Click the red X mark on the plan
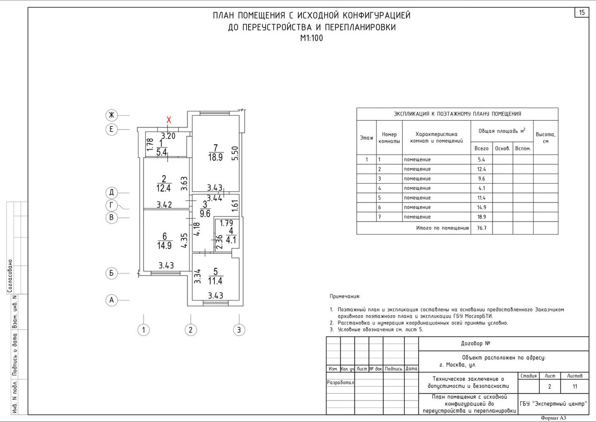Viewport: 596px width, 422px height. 169,120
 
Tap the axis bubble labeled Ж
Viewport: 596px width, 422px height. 111,115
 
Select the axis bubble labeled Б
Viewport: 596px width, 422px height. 111,273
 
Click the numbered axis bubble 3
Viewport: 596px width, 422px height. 239,330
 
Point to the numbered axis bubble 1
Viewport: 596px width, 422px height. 144,330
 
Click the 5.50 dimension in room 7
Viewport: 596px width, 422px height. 235,154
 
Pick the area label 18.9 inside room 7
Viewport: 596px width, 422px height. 215,157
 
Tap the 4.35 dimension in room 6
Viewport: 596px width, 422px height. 184,241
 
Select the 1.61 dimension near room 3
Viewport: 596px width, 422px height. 235,206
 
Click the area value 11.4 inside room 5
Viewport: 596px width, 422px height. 215,281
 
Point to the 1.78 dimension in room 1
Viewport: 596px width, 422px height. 149,145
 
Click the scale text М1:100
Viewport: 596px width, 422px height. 312,38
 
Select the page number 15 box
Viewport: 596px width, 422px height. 582,13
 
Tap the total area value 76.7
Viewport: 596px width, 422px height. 482,228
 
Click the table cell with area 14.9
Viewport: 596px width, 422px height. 482,207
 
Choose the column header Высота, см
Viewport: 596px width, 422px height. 545,138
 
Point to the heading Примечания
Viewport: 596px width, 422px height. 345,297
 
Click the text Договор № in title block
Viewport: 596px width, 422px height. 475,344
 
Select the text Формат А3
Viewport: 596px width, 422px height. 553,418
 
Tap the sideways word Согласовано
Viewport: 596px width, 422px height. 10,276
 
